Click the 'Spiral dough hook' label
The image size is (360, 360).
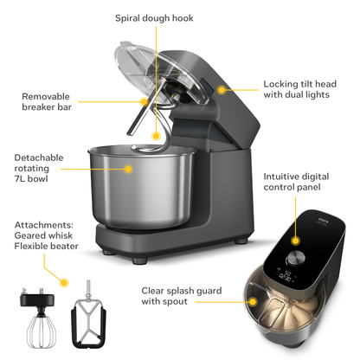[154, 17]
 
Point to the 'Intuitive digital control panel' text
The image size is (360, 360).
[305, 181]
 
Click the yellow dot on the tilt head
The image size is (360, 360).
[222, 87]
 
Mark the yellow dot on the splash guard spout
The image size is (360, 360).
[253, 301]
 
